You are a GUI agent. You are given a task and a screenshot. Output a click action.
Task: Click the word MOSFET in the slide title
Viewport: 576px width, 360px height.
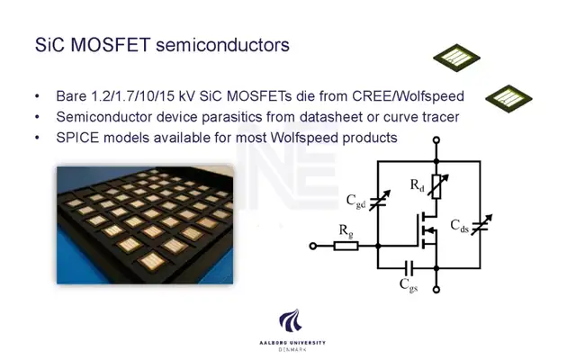(x=110, y=45)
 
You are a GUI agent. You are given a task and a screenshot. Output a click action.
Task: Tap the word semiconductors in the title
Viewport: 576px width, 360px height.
(x=222, y=45)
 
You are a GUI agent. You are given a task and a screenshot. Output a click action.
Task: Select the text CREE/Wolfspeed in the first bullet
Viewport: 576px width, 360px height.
(x=408, y=96)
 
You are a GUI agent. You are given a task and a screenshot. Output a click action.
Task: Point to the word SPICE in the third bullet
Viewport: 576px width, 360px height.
(x=77, y=138)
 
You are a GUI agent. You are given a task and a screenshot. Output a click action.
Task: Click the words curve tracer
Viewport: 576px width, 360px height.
(x=421, y=117)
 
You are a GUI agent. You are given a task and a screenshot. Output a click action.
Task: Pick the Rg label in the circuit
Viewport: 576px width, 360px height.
(x=346, y=231)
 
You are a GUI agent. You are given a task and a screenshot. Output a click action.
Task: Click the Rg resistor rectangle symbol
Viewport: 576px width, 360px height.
(x=346, y=246)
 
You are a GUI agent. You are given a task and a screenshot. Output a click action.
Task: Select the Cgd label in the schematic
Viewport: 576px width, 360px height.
(x=355, y=202)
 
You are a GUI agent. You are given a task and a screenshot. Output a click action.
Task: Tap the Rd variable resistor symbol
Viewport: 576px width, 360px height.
(x=437, y=186)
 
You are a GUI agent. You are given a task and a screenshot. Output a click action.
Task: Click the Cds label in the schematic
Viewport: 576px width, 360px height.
(x=459, y=226)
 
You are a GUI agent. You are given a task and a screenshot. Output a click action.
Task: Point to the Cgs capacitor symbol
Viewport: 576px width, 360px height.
(x=409, y=268)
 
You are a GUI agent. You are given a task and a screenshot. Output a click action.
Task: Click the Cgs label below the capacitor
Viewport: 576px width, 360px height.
(x=409, y=285)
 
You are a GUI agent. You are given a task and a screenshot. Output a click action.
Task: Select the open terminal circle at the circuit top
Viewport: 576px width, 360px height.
(x=436, y=140)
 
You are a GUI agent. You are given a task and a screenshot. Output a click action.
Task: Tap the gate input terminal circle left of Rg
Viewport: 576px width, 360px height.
(x=313, y=246)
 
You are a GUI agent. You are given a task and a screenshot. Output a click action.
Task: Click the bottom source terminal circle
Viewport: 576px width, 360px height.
(x=436, y=290)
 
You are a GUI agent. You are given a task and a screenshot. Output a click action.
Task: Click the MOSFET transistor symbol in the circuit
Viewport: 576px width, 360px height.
(x=427, y=230)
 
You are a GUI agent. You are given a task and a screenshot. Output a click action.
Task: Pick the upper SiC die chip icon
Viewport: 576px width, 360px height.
(x=456, y=58)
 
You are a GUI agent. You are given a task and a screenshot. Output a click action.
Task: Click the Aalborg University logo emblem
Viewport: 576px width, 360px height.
(x=290, y=320)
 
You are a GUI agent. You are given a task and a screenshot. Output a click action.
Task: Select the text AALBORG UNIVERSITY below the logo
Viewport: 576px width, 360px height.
(x=292, y=343)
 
